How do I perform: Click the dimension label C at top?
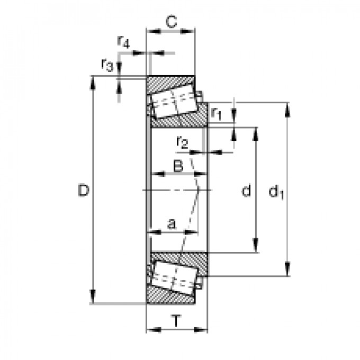coord(170,22)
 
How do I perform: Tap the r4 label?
coord(123,42)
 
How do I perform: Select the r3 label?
coord(107,65)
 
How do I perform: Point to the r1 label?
coord(217,113)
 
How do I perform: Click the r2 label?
coord(182,142)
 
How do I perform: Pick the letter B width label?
coord(178,166)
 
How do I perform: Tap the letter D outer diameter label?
coord(83,191)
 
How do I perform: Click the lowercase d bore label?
coord(246,191)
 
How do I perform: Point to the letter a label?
coord(171,224)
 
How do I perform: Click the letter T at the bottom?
coord(176,320)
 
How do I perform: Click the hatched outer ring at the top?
coord(169,82)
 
